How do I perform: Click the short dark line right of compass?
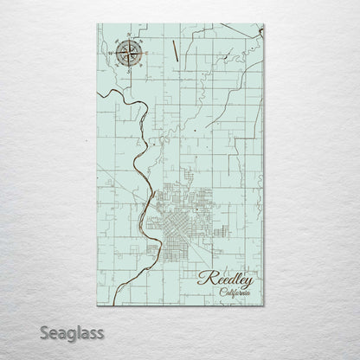pyautogui.click(x=176, y=51)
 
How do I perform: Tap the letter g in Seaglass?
pyautogui.click(x=58, y=333)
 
